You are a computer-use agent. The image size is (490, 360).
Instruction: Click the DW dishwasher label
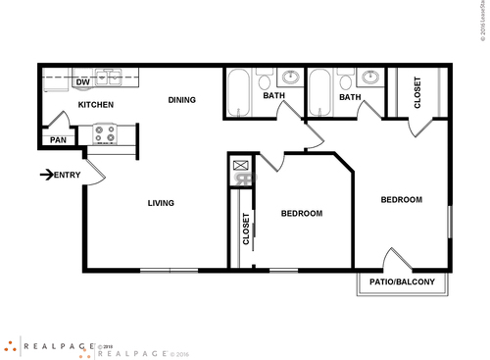(x=83, y=82)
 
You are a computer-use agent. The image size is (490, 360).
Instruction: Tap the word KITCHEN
(x=96, y=104)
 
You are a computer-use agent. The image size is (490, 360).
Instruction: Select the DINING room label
(x=181, y=99)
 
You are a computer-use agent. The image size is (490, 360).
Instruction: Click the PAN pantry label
(x=58, y=140)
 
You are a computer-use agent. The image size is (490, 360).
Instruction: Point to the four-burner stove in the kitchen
(x=105, y=132)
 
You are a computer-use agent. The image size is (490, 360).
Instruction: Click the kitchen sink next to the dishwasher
(x=109, y=79)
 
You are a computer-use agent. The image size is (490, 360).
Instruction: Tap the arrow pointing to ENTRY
(x=47, y=176)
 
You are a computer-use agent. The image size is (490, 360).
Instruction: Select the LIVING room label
(x=161, y=203)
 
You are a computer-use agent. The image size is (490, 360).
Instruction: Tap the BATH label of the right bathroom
(x=350, y=97)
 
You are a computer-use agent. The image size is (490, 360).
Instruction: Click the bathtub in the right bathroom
(x=320, y=94)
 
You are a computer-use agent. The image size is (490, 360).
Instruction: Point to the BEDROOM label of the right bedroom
(x=401, y=199)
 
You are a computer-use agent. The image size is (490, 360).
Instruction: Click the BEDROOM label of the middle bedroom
(x=302, y=213)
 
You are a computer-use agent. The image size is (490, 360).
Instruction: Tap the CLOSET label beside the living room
(x=246, y=228)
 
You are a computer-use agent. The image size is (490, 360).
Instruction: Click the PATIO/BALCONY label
(x=403, y=283)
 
